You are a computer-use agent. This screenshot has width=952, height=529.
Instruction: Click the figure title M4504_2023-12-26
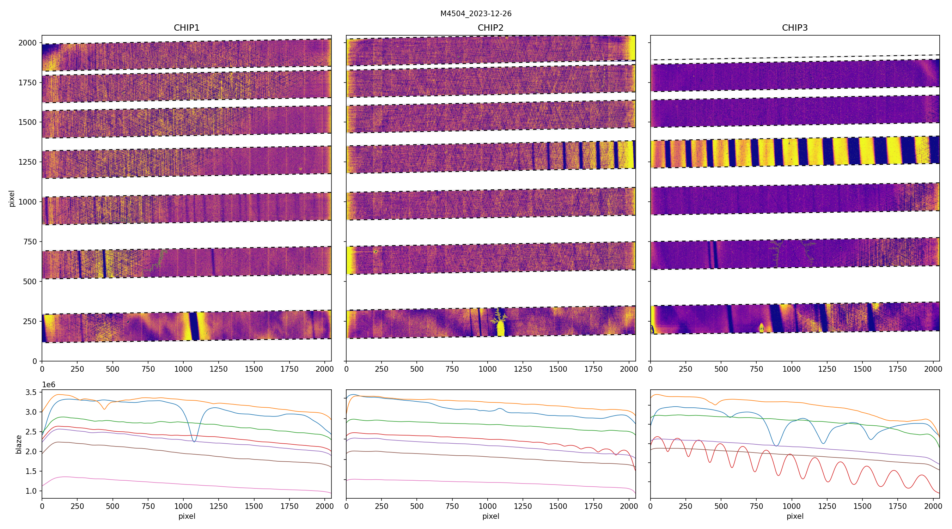pos(476,14)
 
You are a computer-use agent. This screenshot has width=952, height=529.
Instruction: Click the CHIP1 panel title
pos(187,28)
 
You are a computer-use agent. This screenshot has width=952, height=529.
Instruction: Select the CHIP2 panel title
pos(490,28)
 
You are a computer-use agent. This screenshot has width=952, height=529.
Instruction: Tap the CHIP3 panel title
pos(794,28)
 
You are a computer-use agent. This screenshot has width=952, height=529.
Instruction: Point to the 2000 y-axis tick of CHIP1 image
pos(28,43)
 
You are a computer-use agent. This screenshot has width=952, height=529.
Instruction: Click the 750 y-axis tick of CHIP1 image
pos(30,242)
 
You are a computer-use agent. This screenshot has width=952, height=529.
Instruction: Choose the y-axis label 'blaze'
pos(18,444)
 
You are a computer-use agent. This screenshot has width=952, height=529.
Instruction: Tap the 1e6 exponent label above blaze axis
pos(49,385)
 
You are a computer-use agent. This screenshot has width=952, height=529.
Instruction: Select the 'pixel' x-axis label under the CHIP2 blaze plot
pos(490,516)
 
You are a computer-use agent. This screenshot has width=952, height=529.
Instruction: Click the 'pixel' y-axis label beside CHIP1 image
pos(12,199)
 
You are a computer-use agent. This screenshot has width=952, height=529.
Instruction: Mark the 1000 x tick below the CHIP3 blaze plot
pos(792,506)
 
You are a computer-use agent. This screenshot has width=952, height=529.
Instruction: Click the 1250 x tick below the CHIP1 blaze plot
pos(218,506)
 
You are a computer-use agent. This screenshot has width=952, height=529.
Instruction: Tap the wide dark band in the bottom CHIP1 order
pos(193,326)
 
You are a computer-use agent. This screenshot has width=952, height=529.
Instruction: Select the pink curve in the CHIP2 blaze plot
pos(481,482)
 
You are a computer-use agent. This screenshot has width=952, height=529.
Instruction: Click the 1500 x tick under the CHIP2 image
pos(558,369)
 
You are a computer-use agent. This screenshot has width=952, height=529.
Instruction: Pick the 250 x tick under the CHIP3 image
pos(685,369)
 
